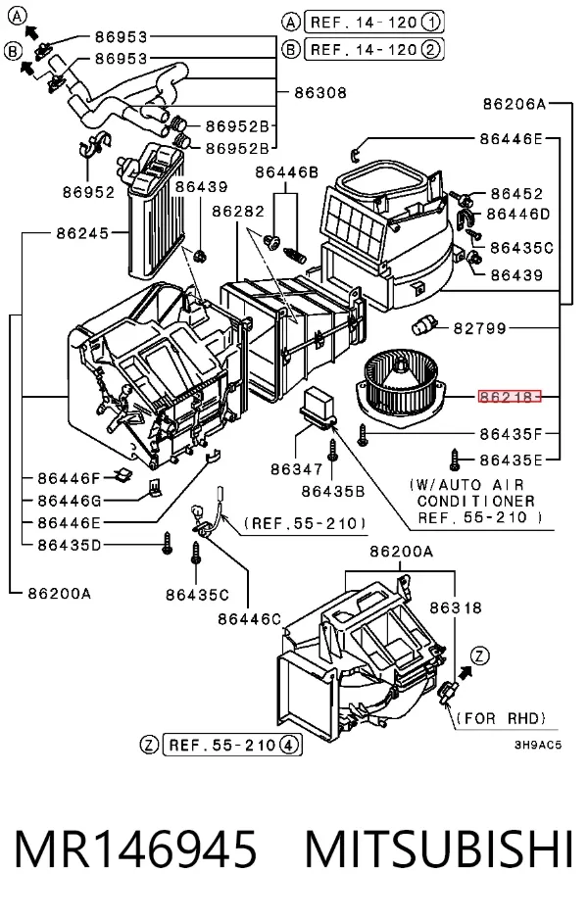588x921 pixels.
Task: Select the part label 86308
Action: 320,93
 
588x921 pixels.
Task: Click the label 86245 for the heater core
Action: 83,233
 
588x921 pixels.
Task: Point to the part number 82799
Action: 480,328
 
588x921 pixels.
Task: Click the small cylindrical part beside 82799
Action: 424,324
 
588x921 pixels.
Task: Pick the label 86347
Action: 297,469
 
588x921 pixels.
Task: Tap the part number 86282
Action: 238,211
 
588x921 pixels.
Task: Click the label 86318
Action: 456,607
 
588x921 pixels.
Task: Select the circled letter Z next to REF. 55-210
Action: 149,746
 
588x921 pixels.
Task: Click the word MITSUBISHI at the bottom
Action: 438,848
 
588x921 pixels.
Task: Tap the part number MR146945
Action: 135,848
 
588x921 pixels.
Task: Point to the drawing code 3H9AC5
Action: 538,745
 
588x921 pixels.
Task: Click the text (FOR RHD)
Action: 501,718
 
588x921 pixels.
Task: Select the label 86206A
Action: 514,104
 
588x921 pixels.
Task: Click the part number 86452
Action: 516,193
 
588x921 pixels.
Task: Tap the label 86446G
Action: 70,501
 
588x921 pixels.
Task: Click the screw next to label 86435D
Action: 168,544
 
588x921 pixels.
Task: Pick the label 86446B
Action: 287,172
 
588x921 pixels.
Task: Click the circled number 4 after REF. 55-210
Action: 288,746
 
